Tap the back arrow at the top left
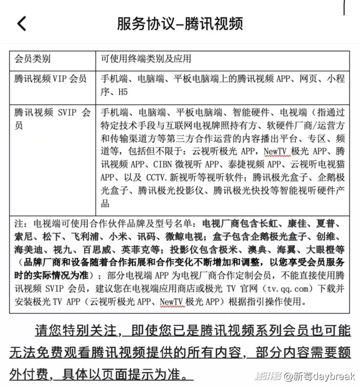21,24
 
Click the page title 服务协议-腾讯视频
179,24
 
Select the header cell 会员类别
32,59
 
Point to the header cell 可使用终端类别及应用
146,59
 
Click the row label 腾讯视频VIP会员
51,79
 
